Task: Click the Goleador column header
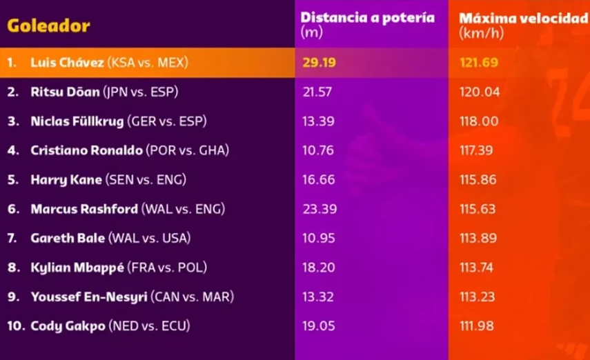(48, 27)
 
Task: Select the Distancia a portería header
(368, 18)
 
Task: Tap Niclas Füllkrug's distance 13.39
(317, 121)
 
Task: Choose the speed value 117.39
(478, 150)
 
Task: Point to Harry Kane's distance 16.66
(317, 180)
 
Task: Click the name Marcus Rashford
(83, 209)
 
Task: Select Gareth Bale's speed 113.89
(478, 239)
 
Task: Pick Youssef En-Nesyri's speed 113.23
(478, 297)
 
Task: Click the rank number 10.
(14, 326)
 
